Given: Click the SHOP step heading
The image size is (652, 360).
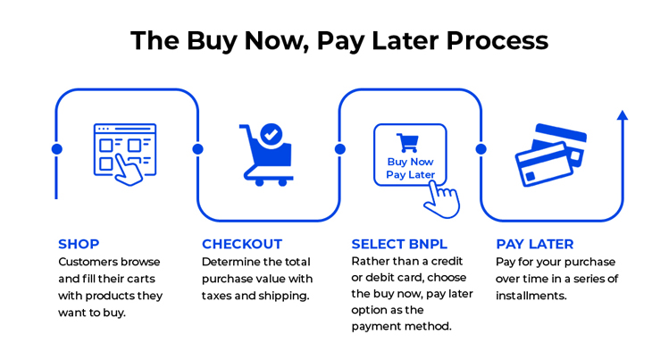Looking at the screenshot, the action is [x=79, y=244].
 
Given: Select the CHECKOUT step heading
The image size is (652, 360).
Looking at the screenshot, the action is [x=242, y=244].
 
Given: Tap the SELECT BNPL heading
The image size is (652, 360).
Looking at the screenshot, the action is [x=399, y=244].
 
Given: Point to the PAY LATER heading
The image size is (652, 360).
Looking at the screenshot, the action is [x=535, y=244].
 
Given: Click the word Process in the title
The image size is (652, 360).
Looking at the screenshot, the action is [x=497, y=41].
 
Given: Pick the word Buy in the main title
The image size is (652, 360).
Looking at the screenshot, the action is [x=212, y=42].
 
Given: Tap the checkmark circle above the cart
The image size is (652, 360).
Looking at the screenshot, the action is [x=272, y=135].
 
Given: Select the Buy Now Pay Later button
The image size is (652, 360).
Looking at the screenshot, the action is [x=410, y=155].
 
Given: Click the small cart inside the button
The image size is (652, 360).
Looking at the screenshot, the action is [x=408, y=143].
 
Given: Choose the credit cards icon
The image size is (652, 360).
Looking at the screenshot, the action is [x=550, y=155].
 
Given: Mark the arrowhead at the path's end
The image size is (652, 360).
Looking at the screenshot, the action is [x=623, y=115].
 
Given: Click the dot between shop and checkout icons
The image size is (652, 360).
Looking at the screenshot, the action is [x=198, y=149].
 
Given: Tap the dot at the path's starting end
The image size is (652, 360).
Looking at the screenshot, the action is [x=57, y=149].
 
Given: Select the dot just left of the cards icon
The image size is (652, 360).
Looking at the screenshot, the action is [x=481, y=149].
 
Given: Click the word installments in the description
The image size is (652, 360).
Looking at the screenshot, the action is [x=531, y=296].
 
